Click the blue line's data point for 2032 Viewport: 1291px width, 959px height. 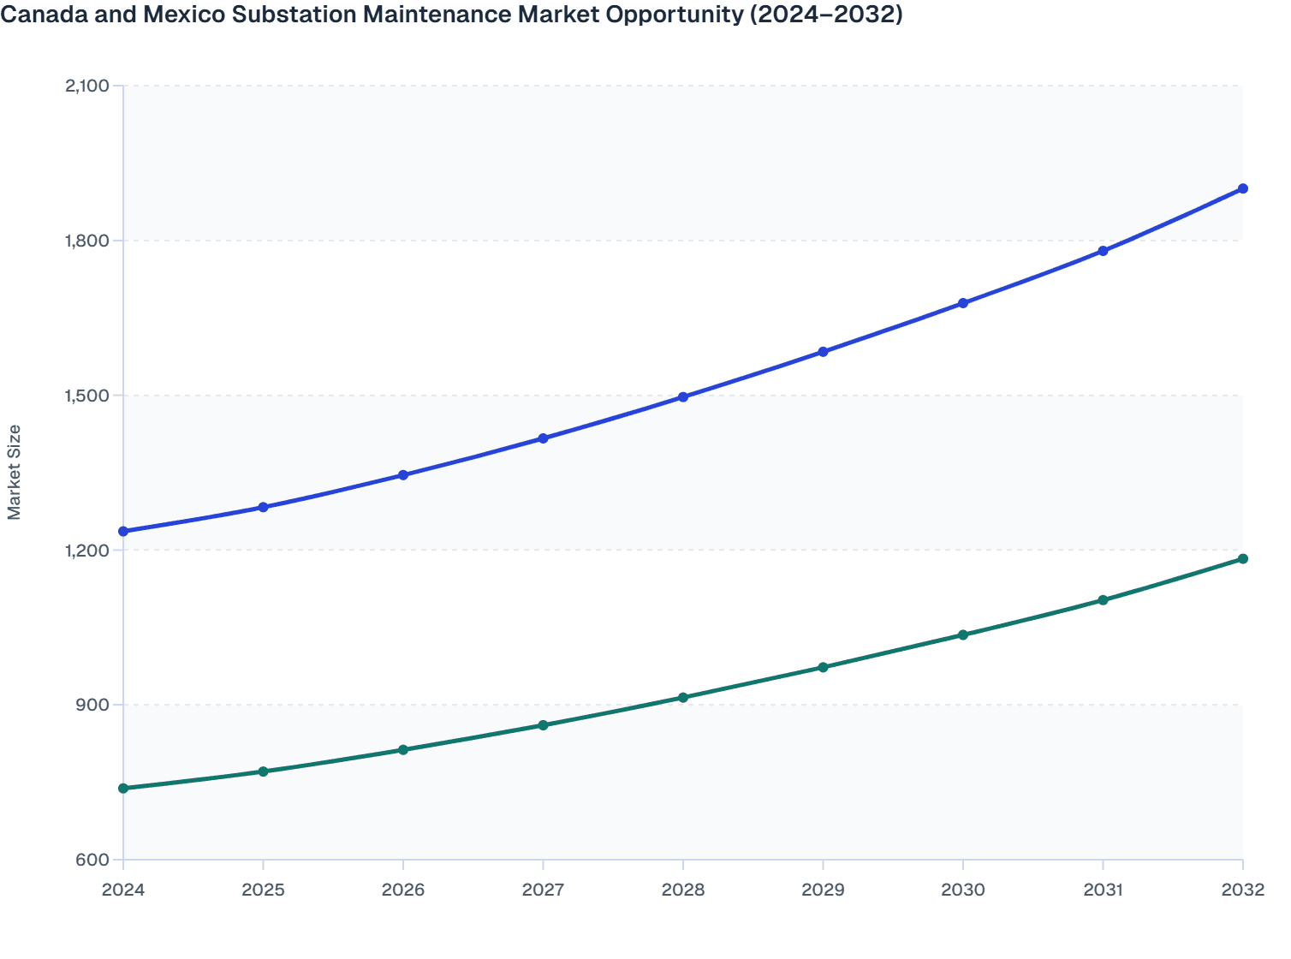click(1242, 188)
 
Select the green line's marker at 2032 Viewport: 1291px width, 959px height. click(1242, 559)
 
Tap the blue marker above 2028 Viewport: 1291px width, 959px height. click(683, 397)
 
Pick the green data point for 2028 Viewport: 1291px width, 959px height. click(683, 698)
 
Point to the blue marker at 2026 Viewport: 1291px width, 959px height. click(403, 475)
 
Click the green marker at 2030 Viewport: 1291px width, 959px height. click(963, 635)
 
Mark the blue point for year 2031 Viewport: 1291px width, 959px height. click(1103, 251)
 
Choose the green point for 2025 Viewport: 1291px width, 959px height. click(264, 771)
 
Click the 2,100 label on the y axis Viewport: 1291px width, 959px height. click(86, 86)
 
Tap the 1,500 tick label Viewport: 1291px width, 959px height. click(86, 396)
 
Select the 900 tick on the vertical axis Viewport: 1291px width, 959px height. click(94, 706)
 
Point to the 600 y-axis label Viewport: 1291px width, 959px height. click(94, 861)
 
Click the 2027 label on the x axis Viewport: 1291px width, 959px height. click(543, 890)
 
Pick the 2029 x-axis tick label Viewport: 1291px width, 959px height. click(823, 890)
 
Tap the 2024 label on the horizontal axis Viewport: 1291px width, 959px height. click(123, 890)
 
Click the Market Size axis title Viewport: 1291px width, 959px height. click(14, 472)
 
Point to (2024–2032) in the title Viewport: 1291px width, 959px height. click(826, 15)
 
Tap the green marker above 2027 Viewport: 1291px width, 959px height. click(543, 725)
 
